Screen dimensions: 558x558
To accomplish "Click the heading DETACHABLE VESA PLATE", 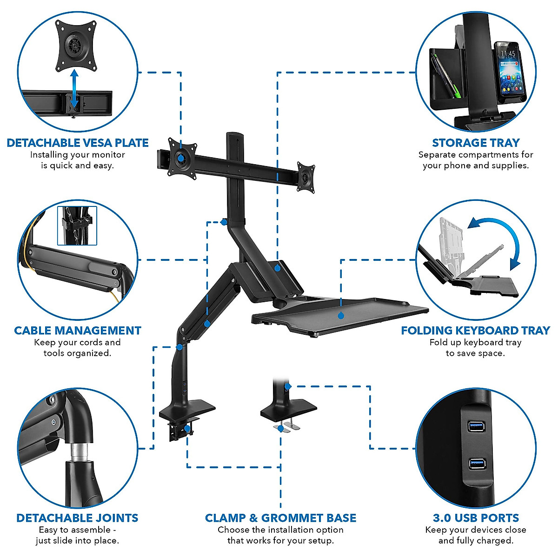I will coord(78,143).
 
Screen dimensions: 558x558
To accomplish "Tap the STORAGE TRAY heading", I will coord(476,143).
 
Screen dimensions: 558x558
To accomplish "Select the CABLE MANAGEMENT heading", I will coord(78,331).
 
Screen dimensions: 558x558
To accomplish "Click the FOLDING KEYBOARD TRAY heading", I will coord(476,331).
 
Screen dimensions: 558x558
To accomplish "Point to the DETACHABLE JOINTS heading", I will coord(78,518).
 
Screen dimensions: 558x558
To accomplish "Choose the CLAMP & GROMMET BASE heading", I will coord(280,518).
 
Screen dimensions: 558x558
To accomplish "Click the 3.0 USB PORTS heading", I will coord(476,518).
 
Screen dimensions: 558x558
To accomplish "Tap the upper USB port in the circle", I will coord(477,425).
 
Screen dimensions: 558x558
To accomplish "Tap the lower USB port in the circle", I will coord(477,463).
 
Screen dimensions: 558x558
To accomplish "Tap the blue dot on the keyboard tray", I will coord(341,316).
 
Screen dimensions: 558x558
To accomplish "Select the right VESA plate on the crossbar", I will coord(306,175).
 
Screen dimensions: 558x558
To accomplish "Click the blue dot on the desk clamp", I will coord(187,428).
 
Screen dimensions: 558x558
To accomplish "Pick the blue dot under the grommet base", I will coord(280,429).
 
